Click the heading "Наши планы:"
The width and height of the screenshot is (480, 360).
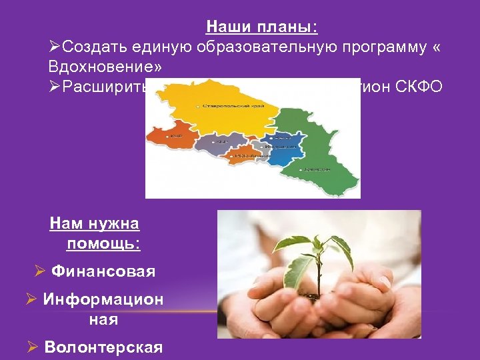262,27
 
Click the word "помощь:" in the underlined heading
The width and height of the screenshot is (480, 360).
103,243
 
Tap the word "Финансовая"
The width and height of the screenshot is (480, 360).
103,271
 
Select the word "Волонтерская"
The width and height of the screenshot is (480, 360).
103,347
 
